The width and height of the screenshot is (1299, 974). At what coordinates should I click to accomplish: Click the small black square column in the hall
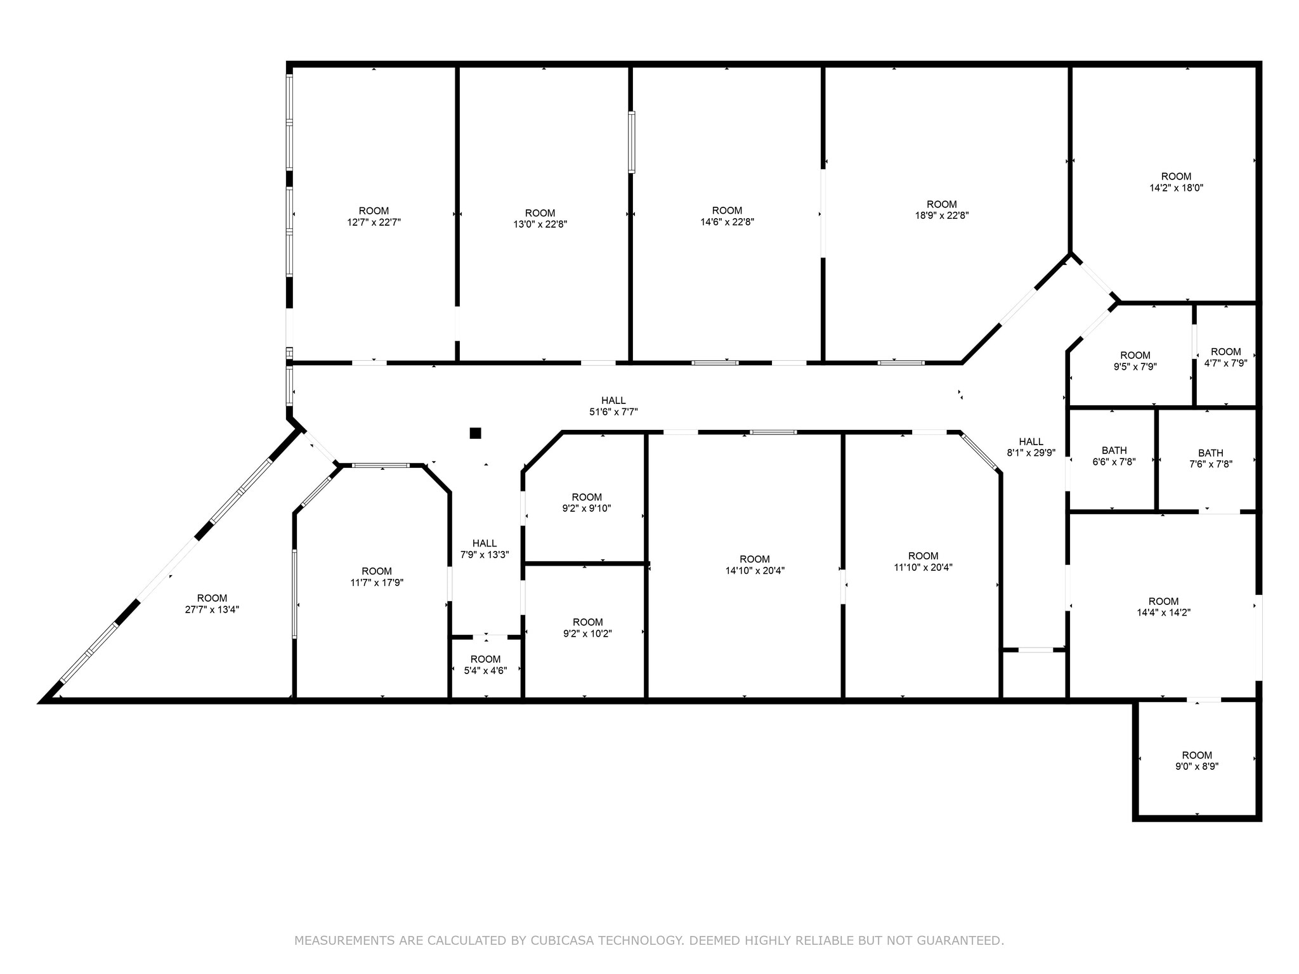(x=475, y=433)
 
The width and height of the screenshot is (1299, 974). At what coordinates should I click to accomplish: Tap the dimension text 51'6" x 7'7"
(x=613, y=412)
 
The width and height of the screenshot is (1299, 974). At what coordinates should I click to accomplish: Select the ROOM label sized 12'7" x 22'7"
(x=374, y=216)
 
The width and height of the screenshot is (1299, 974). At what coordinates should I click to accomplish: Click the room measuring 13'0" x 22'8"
(x=540, y=219)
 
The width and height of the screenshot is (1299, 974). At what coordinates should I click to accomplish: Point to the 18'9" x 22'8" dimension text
(x=941, y=216)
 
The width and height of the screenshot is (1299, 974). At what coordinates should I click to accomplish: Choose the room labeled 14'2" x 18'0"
(x=1176, y=182)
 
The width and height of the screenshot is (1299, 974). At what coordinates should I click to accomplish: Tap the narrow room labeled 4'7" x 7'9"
(x=1225, y=358)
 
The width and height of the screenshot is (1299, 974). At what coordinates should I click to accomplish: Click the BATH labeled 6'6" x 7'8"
(x=1114, y=457)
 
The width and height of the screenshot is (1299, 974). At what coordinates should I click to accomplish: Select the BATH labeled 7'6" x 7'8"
(x=1210, y=458)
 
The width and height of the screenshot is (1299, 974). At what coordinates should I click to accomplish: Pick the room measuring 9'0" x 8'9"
(x=1197, y=760)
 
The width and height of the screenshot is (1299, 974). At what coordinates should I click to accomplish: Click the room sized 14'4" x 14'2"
(x=1163, y=607)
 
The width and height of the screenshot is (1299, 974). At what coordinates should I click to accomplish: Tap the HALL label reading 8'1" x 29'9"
(x=1031, y=447)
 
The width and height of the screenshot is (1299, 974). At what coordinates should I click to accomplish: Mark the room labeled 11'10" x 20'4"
(x=923, y=562)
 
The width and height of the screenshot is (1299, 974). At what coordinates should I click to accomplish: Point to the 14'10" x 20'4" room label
(x=755, y=564)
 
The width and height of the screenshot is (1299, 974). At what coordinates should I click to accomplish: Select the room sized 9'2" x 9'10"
(x=587, y=502)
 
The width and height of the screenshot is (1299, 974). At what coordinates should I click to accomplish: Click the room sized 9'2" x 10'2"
(x=587, y=628)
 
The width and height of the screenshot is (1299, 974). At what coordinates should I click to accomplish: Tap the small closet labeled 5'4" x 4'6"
(x=485, y=665)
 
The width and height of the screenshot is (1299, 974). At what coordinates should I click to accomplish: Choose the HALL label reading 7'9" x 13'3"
(x=485, y=549)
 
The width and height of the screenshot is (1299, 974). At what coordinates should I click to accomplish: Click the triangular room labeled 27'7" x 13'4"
(x=212, y=604)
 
